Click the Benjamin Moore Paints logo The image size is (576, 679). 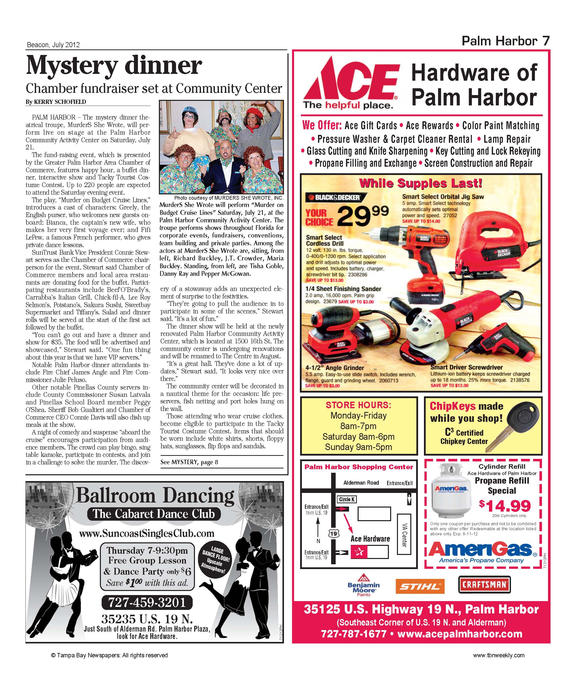(x=363, y=585)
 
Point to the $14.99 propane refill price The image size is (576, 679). (x=505, y=506)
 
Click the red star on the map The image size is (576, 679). (x=359, y=552)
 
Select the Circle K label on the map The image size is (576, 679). (x=347, y=499)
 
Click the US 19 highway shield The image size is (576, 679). (x=333, y=534)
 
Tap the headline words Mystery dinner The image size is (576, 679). (x=114, y=66)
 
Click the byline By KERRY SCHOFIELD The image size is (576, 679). (x=56, y=102)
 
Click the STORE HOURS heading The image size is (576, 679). (x=358, y=405)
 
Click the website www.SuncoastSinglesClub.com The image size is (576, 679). (x=147, y=534)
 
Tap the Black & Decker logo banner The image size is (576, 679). (x=336, y=197)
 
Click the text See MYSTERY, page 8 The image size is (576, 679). (x=189, y=462)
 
